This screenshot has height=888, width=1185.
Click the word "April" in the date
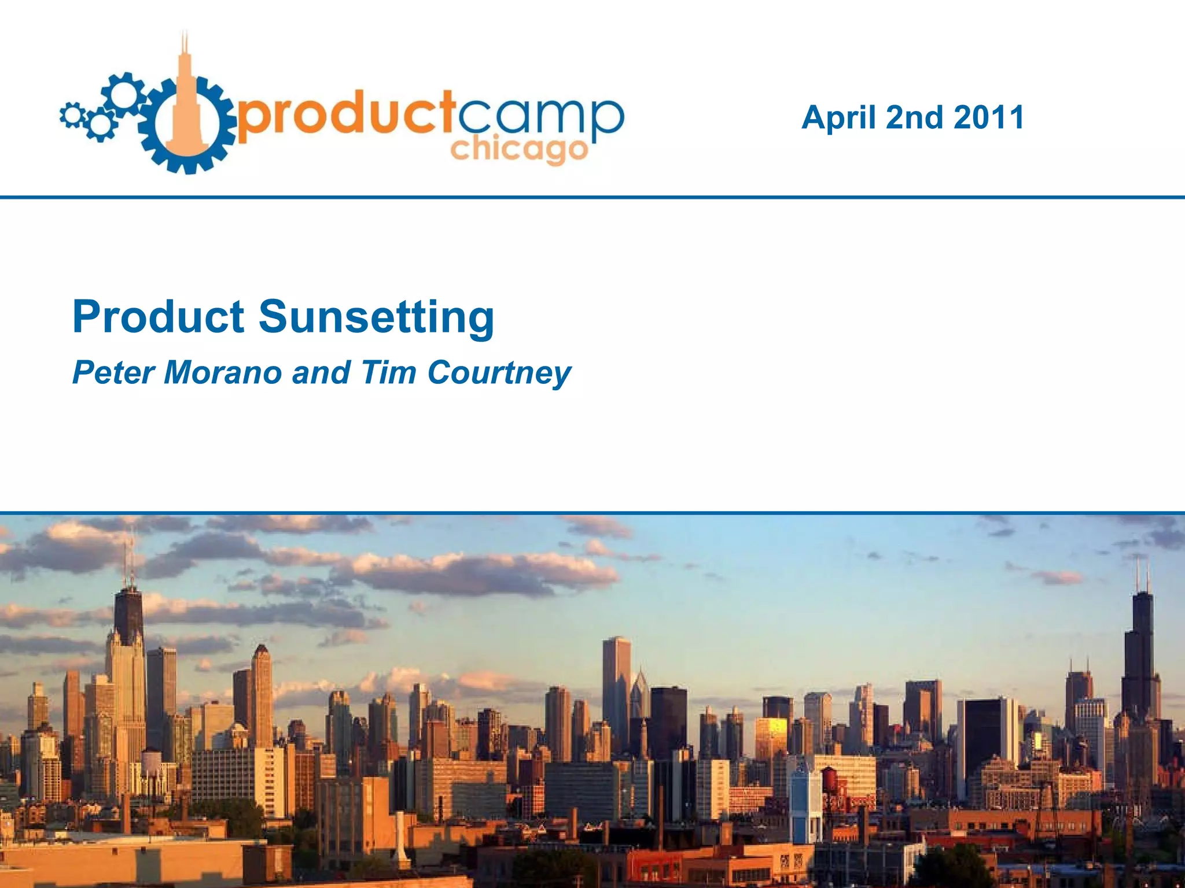coord(838,118)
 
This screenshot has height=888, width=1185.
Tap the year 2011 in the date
coord(989,117)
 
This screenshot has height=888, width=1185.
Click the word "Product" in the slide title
coord(159,317)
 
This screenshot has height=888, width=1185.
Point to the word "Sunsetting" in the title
coord(376,318)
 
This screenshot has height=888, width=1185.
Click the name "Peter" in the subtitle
coord(113,372)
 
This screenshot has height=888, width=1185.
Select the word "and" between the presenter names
coord(321,372)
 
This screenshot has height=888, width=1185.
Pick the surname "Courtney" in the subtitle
coord(499,373)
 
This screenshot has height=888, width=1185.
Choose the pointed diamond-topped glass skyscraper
coord(639,694)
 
